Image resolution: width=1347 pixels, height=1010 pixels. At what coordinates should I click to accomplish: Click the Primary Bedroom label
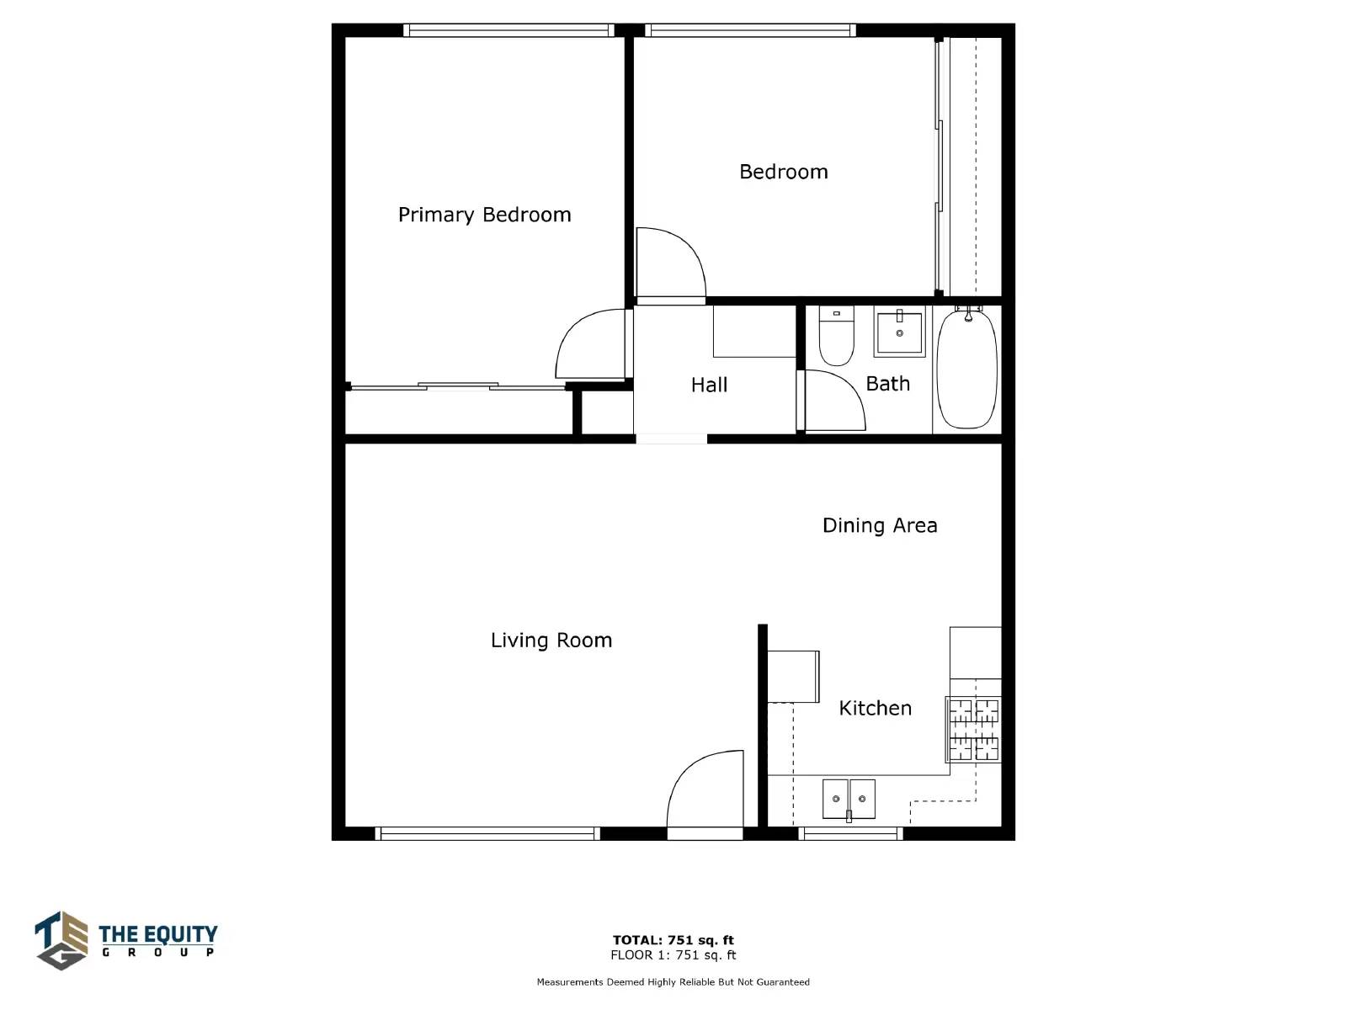[484, 215]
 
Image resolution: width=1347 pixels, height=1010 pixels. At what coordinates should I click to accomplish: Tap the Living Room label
[551, 641]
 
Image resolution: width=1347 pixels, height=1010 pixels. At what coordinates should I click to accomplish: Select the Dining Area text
[880, 525]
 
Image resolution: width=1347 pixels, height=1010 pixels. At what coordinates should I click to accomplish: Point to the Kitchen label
[875, 708]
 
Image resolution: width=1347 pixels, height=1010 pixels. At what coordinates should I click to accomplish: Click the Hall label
[709, 385]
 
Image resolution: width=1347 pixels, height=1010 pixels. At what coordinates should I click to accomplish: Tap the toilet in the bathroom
[837, 336]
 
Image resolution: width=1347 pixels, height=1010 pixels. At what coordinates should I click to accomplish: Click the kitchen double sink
[849, 799]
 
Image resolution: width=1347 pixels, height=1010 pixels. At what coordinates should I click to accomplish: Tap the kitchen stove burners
[974, 730]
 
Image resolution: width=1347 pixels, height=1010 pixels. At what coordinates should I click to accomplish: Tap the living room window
[487, 833]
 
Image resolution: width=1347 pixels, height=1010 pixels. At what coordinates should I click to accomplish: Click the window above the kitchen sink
[850, 833]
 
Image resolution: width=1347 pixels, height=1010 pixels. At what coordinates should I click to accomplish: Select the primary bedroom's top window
[508, 30]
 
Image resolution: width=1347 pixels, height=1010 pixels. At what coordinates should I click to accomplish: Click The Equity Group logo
[125, 940]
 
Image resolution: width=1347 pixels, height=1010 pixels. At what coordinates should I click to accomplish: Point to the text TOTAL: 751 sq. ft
[673, 939]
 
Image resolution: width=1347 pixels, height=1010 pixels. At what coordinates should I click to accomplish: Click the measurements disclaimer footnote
[673, 981]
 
